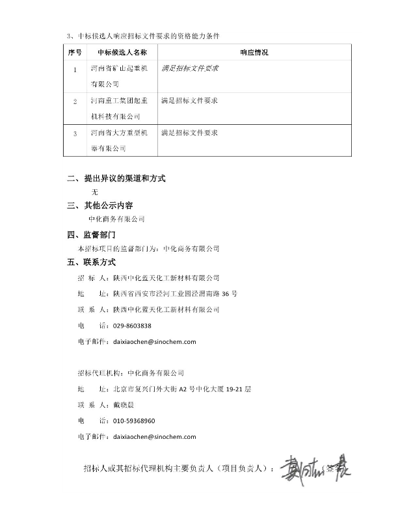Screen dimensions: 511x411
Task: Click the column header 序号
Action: click(x=74, y=51)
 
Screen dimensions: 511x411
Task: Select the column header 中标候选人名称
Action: click(x=121, y=51)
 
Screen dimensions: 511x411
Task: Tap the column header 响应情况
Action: click(x=254, y=51)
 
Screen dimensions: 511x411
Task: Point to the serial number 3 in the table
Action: click(x=75, y=133)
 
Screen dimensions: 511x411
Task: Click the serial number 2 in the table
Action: click(x=75, y=101)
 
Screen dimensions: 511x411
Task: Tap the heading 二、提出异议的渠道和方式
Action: click(x=121, y=178)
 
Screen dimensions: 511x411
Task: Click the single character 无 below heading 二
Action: click(x=95, y=192)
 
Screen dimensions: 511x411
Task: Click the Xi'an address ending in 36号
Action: click(x=175, y=293)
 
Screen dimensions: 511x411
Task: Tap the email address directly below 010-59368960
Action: click(x=154, y=437)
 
